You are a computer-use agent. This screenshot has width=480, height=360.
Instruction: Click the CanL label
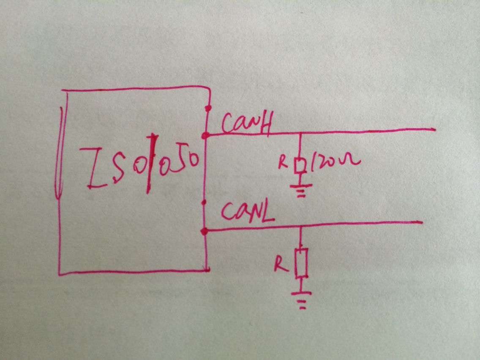(248, 212)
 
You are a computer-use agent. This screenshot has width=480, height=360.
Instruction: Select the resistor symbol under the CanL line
(301, 263)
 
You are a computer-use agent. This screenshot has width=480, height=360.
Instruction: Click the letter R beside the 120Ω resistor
(283, 162)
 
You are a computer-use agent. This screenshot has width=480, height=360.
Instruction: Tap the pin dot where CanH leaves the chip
(205, 136)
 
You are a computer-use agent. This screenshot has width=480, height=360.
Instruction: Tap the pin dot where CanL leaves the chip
(205, 231)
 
